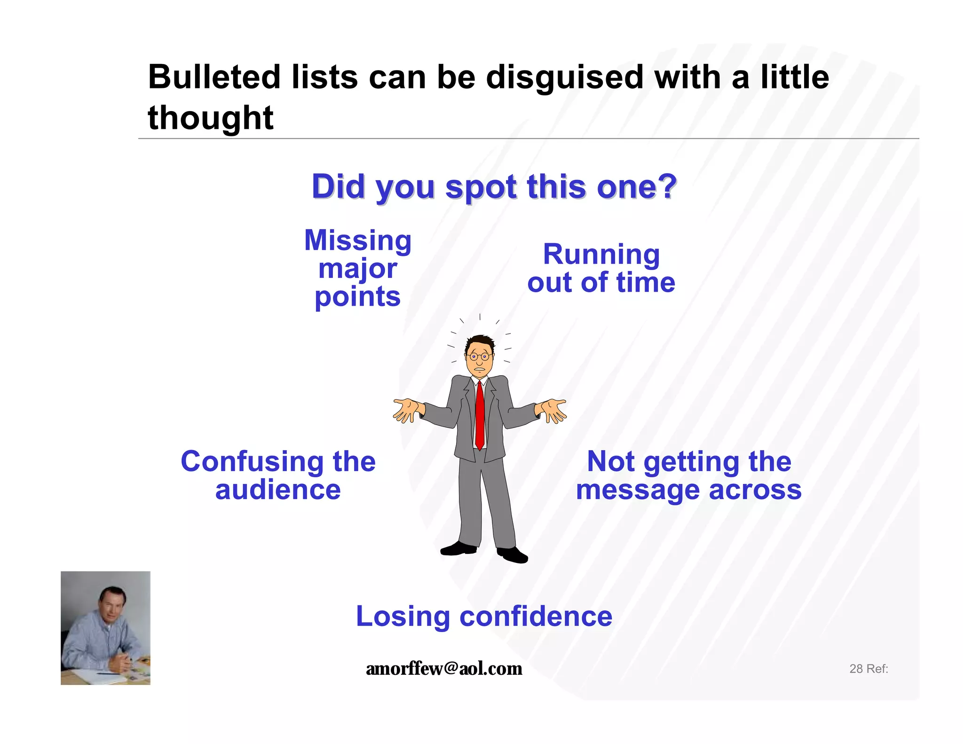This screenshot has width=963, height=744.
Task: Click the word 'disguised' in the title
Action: click(564, 78)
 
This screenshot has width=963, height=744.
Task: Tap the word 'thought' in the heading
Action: click(211, 118)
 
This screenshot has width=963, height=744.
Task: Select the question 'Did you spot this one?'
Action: click(494, 187)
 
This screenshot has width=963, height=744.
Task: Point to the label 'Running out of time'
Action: click(601, 268)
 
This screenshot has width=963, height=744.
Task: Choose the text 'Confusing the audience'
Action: click(278, 475)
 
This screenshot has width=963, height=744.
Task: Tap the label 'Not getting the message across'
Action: click(689, 475)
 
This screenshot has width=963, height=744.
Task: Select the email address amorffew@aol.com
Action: click(444, 668)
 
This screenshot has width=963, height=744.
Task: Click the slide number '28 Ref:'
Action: click(868, 669)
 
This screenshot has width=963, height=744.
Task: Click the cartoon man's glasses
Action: click(479, 356)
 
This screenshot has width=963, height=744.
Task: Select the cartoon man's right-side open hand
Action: click(553, 410)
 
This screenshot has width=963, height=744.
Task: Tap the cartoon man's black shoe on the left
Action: click(458, 549)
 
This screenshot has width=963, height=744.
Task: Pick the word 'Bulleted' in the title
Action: click(214, 78)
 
